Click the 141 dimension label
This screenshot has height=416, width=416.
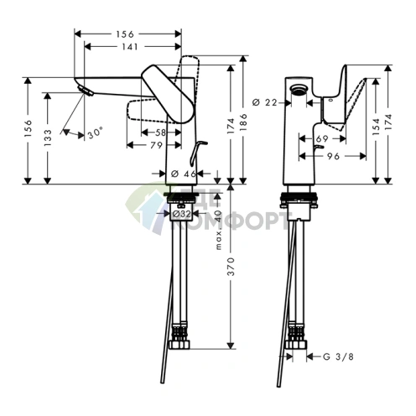[129, 48]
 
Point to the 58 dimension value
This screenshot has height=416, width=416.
[160, 132]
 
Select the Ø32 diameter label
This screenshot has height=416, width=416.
[181, 215]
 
